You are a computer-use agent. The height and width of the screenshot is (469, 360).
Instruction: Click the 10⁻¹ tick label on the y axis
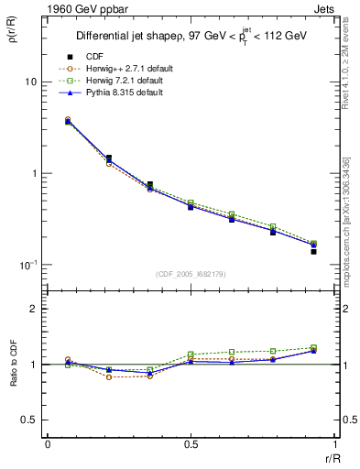click(x=28, y=265)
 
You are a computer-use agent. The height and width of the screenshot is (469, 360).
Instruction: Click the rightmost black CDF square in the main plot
click(x=313, y=251)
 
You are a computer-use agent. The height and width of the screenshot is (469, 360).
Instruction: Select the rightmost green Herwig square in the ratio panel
click(x=313, y=348)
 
